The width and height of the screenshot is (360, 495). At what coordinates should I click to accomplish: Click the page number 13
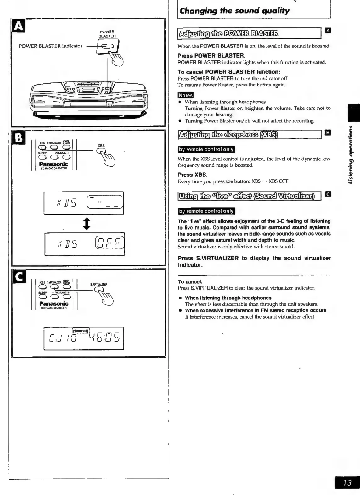[347, 482]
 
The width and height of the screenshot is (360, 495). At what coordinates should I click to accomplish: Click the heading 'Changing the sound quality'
[234, 11]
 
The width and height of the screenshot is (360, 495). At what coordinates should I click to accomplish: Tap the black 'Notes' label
[186, 95]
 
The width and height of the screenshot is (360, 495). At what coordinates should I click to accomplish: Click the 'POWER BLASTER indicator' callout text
[50, 46]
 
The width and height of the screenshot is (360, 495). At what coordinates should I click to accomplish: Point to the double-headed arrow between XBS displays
[87, 224]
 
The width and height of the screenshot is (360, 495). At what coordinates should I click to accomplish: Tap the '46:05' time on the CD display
[104, 339]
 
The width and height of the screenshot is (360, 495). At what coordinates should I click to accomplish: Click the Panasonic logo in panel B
[53, 164]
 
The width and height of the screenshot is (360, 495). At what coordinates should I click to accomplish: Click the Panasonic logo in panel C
[53, 303]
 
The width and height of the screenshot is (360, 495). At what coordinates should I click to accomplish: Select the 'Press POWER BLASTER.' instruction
[211, 56]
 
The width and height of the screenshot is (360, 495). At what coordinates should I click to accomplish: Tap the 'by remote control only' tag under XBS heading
[206, 149]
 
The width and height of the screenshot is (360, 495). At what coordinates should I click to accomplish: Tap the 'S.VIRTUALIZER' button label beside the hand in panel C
[99, 284]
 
